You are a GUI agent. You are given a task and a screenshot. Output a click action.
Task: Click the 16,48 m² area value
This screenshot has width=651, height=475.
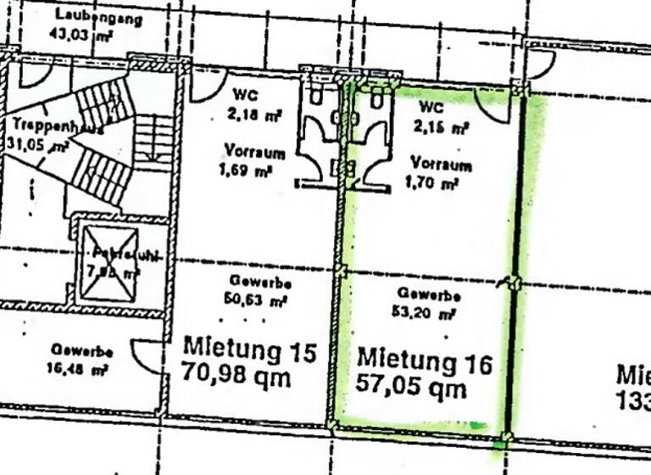[79, 368]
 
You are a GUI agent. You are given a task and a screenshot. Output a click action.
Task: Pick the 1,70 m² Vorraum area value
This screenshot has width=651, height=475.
[434, 182]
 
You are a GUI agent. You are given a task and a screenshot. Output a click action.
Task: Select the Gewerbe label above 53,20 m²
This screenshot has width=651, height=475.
[429, 296]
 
